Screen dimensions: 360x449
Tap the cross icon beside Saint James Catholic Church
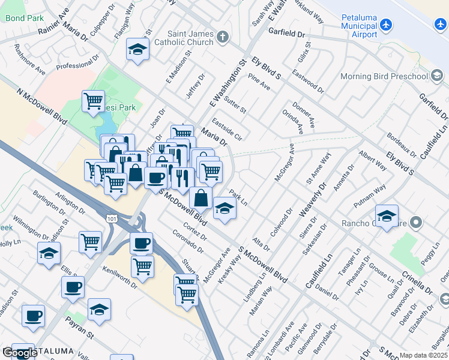[x=223, y=37]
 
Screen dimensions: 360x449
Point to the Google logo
[x=19, y=353]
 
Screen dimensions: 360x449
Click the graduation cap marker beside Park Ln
[x=225, y=209]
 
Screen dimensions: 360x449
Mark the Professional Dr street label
[x=73, y=65]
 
